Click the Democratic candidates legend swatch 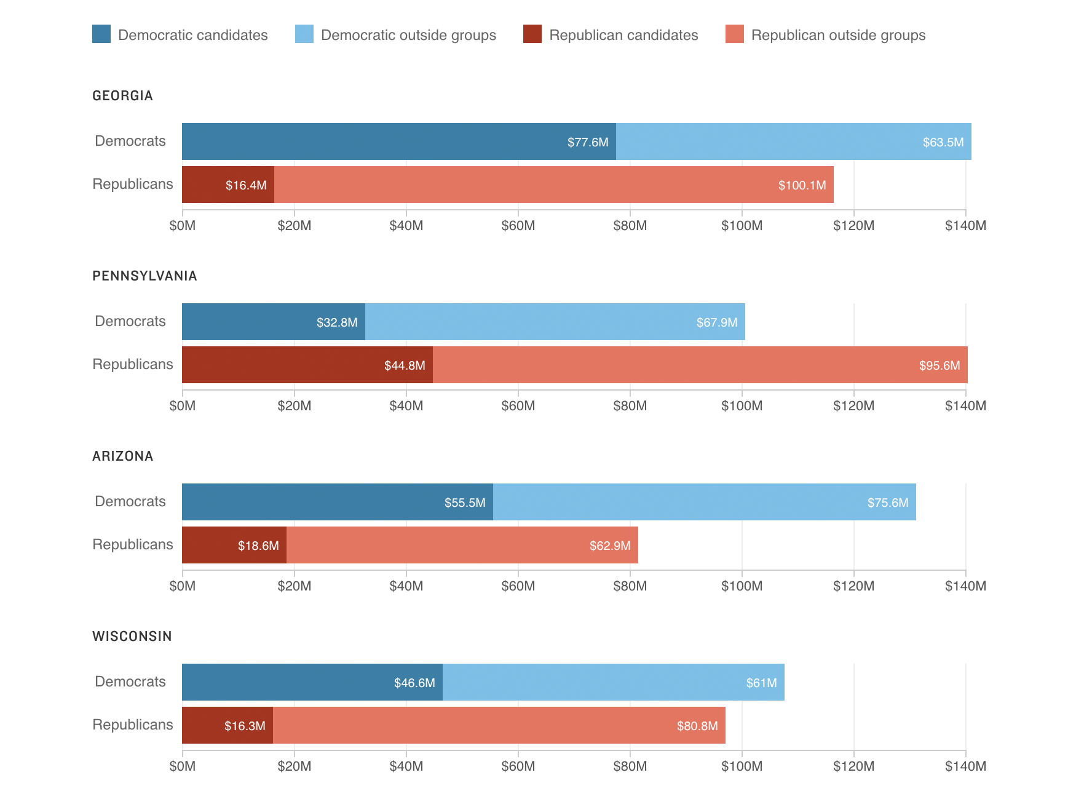coord(101,34)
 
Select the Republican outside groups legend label coord(838,35)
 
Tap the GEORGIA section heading coord(122,95)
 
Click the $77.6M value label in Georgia coord(587,142)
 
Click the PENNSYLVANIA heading coord(144,276)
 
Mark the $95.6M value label coord(939,365)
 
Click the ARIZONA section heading coord(122,456)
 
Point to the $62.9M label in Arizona coord(609,546)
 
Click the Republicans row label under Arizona coord(132,544)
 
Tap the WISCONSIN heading coord(132,636)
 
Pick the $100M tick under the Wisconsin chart coord(742,766)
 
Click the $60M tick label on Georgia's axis coord(518,225)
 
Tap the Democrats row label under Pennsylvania coord(130,321)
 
